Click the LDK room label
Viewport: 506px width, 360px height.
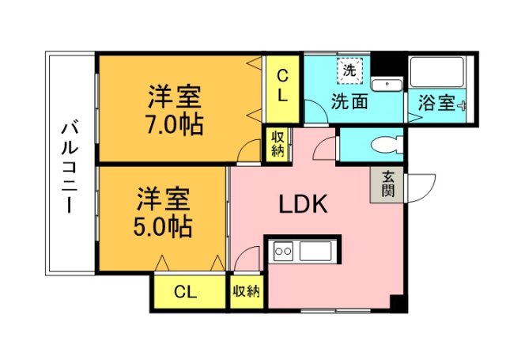click(303, 204)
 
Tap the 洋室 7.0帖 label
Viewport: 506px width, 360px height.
click(175, 110)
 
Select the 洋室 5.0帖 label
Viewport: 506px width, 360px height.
click(163, 212)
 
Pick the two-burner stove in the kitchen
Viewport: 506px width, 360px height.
click(283, 251)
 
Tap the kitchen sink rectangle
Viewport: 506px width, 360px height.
click(315, 251)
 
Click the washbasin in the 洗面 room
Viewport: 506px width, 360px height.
click(387, 85)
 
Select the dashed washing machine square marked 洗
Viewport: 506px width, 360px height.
click(350, 71)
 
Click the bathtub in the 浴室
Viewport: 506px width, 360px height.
click(437, 72)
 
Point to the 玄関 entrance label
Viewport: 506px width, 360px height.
click(387, 184)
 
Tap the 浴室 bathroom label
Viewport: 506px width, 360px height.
click(436, 103)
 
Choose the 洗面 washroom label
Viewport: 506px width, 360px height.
click(349, 101)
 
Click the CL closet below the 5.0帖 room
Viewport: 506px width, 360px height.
click(190, 292)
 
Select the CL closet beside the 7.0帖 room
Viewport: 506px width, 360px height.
click(282, 89)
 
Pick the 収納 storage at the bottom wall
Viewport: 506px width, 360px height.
click(247, 292)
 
